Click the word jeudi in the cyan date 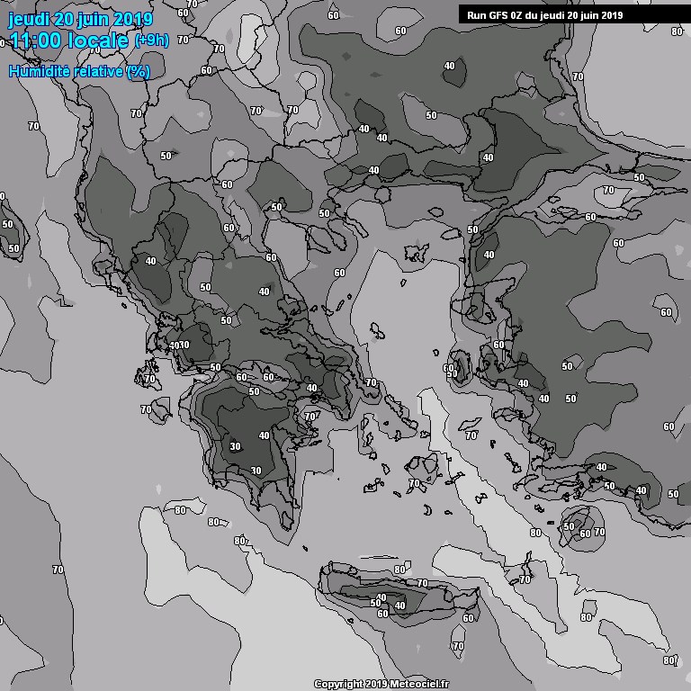[x=30, y=19]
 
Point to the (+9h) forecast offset [x=150, y=40]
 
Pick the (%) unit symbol [x=138, y=71]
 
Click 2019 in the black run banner [x=611, y=14]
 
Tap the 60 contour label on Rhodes [x=585, y=534]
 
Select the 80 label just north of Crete [x=400, y=570]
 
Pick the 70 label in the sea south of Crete [x=458, y=646]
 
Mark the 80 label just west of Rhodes [x=536, y=533]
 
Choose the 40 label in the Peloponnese [x=265, y=435]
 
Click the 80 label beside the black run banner [x=677, y=31]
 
